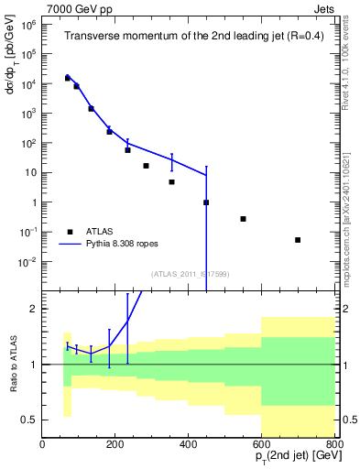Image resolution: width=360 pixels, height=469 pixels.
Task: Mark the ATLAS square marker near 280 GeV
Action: click(146, 166)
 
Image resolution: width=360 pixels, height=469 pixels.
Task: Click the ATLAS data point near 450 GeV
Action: click(206, 202)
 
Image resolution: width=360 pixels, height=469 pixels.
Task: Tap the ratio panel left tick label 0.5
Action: click(28, 420)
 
